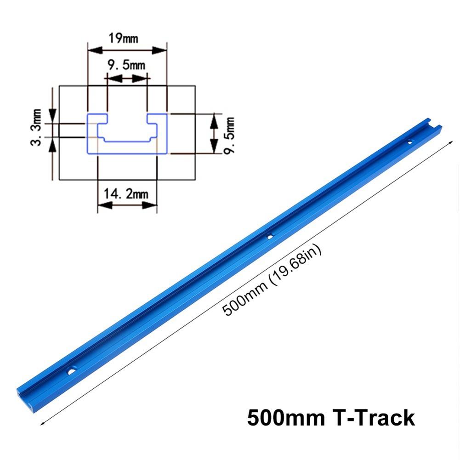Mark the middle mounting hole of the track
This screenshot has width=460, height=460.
[x=270, y=236]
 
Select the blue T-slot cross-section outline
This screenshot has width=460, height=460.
[x=126, y=133]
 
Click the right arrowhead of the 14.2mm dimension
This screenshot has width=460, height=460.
[x=153, y=205]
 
